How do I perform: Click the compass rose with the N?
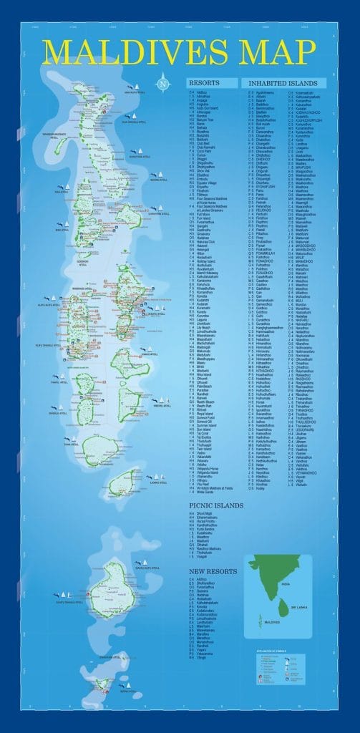(x=164, y=82)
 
